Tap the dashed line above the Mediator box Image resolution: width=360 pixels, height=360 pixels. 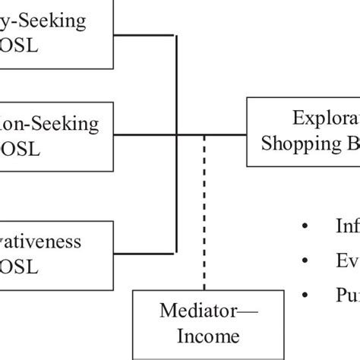click(203, 213)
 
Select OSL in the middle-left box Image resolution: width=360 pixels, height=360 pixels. click(33, 147)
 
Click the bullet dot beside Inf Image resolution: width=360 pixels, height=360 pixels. click(305, 226)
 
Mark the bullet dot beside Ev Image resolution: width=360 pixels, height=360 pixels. click(305, 261)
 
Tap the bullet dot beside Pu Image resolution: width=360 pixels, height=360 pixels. click(305, 295)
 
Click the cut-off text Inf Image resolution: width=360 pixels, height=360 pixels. click(346, 226)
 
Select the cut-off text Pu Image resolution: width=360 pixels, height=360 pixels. click(346, 295)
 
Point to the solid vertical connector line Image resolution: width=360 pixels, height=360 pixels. click(177, 91)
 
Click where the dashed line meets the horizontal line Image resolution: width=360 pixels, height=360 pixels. click(203, 135)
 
